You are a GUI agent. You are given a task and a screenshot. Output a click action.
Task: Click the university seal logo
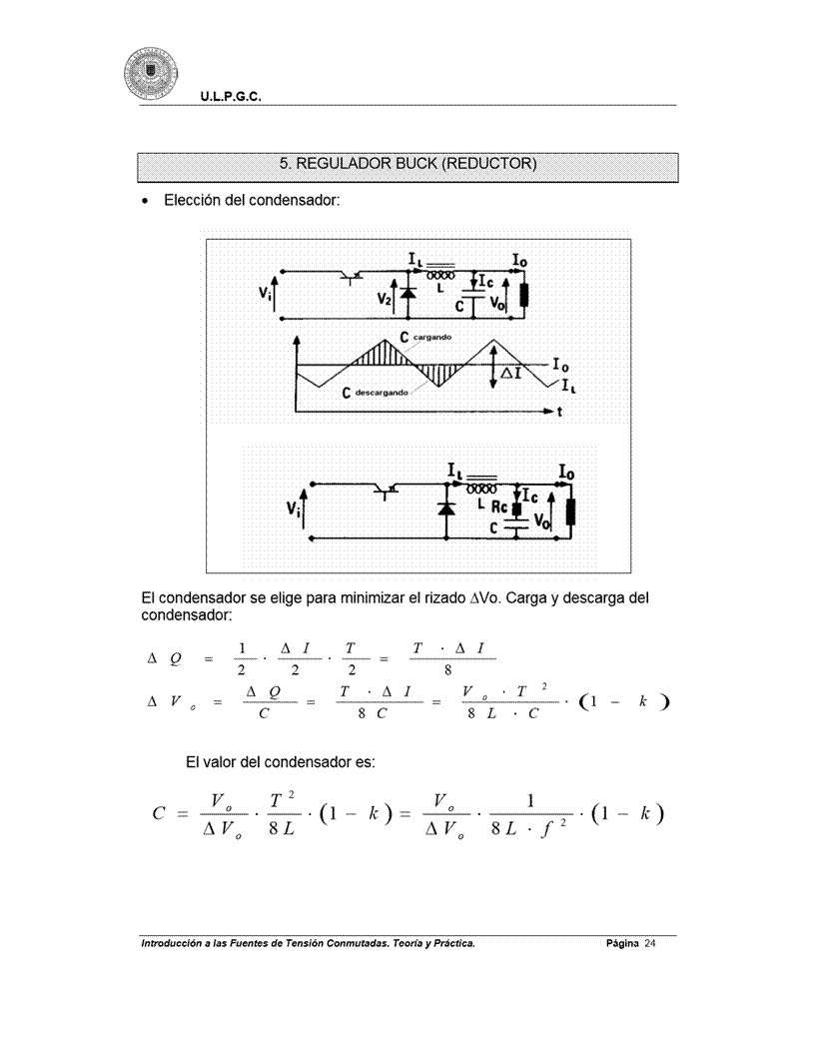pyautogui.click(x=151, y=74)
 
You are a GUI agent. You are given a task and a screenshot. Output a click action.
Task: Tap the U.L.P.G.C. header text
pyautogui.click(x=231, y=97)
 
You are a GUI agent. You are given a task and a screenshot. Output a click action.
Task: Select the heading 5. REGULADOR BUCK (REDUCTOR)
pyautogui.click(x=408, y=164)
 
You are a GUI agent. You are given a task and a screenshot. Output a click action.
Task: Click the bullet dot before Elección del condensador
pyautogui.click(x=145, y=202)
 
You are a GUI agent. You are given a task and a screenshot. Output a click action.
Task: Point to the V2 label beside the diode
pyautogui.click(x=384, y=299)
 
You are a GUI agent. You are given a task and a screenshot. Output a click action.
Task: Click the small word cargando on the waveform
pyautogui.click(x=431, y=337)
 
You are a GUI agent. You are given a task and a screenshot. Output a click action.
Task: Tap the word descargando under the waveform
pyautogui.click(x=382, y=393)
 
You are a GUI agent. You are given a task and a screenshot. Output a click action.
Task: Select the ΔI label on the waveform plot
pyautogui.click(x=511, y=372)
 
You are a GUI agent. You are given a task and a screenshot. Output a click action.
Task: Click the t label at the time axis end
pyautogui.click(x=559, y=412)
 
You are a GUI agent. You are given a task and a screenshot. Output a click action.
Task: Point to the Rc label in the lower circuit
pyautogui.click(x=499, y=508)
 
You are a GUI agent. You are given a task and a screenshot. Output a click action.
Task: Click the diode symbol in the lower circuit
pyautogui.click(x=445, y=509)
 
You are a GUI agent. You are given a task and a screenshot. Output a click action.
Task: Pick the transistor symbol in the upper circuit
pyautogui.click(x=351, y=275)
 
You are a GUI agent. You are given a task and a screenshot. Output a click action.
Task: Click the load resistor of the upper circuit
pyautogui.click(x=523, y=295)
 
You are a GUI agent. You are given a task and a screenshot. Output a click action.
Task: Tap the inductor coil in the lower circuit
pyautogui.click(x=481, y=488)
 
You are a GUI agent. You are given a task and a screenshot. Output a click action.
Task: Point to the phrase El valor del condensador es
pyautogui.click(x=280, y=762)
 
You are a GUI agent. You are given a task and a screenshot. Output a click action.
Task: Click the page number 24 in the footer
pyautogui.click(x=649, y=943)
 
